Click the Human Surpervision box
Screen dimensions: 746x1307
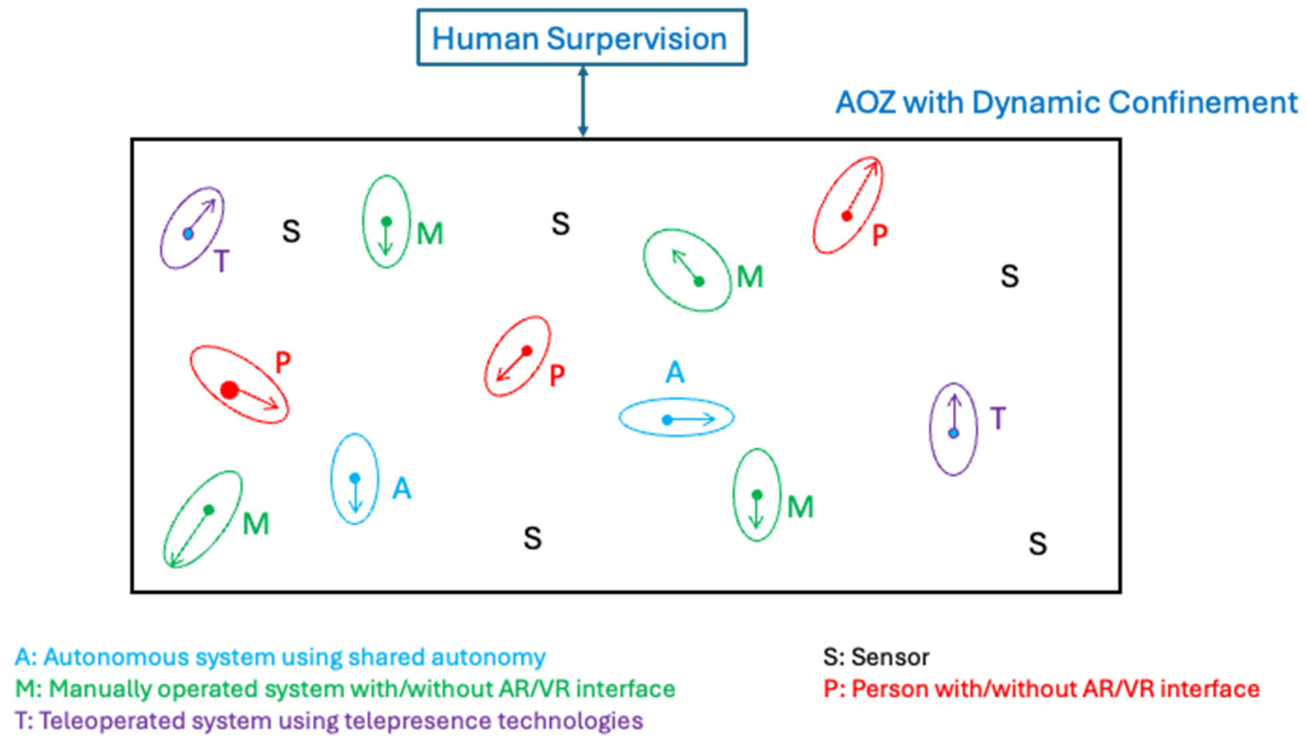[581, 37]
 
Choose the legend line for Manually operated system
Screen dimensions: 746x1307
[345, 689]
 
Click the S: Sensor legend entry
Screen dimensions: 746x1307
[876, 657]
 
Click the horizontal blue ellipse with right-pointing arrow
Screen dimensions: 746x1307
[676, 417]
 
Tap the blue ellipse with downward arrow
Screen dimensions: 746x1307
[354, 479]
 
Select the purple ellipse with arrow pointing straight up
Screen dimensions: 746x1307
[953, 429]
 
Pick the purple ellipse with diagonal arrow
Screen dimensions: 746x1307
[192, 227]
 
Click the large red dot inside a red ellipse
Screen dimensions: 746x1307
[229, 390]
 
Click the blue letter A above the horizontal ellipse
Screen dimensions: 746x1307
[675, 372]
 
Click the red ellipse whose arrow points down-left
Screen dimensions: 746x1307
[517, 356]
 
